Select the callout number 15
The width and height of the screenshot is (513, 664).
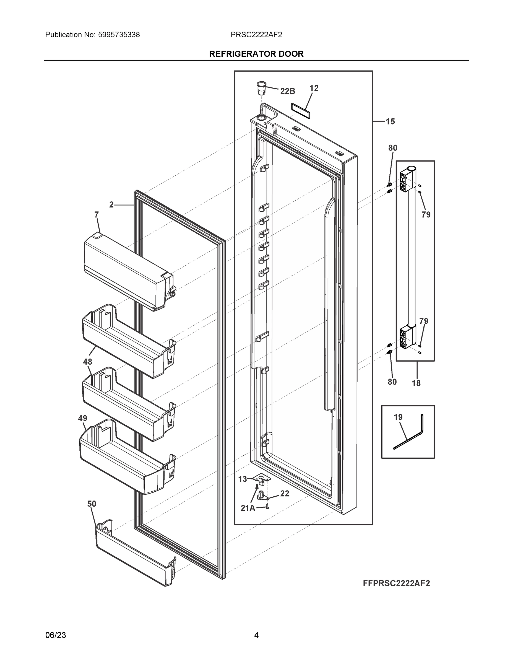pyautogui.click(x=390, y=122)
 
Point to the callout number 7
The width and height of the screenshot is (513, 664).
pyautogui.click(x=96, y=215)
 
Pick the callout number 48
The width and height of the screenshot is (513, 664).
pyautogui.click(x=87, y=362)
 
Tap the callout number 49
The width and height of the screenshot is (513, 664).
pyautogui.click(x=82, y=418)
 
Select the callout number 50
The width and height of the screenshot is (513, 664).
pyautogui.click(x=92, y=504)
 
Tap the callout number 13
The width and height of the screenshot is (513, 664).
pyautogui.click(x=242, y=479)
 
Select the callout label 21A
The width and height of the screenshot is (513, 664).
pyautogui.click(x=248, y=508)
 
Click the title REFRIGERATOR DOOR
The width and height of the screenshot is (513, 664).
pyautogui.click(x=256, y=54)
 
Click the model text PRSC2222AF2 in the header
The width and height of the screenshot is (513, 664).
pyautogui.click(x=256, y=35)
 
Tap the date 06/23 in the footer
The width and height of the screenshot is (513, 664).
pyautogui.click(x=56, y=635)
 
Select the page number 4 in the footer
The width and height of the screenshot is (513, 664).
pyautogui.click(x=256, y=635)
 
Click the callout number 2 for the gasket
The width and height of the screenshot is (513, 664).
pyautogui.click(x=111, y=205)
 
